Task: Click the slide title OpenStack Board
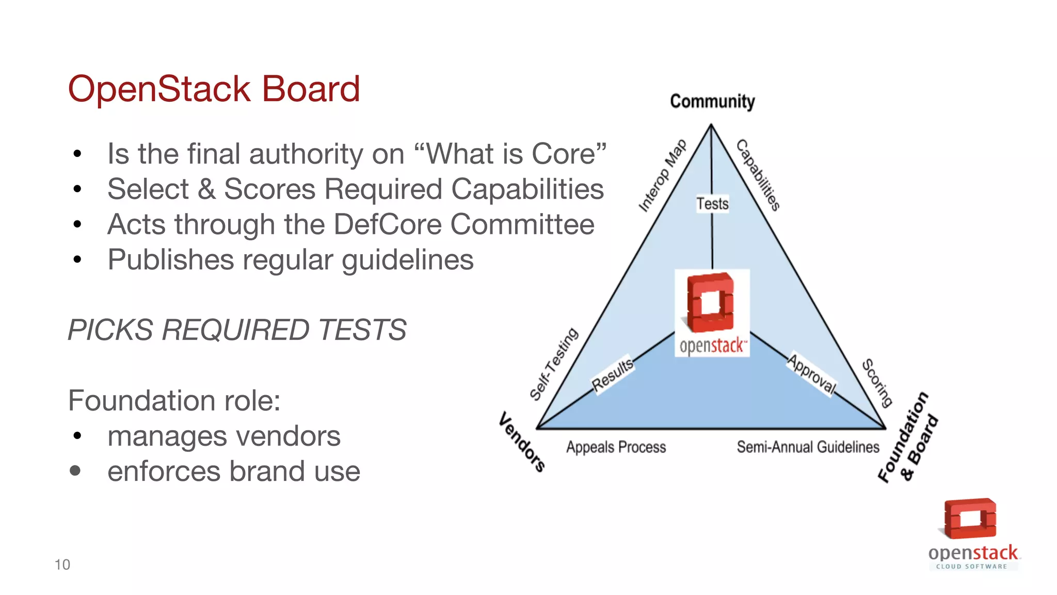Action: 214,89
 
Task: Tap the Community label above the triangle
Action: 712,101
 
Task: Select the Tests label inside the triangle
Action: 712,203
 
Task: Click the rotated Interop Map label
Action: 662,176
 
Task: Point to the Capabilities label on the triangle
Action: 758,175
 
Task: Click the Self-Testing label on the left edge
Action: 554,364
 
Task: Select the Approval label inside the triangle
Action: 811,373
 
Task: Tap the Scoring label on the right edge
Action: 877,383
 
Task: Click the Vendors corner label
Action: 522,442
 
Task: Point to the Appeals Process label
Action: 616,447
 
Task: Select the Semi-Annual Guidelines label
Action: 808,447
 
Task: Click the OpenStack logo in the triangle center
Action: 712,313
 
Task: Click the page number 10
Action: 62,565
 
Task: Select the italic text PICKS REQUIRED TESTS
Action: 237,330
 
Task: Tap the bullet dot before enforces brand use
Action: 75,471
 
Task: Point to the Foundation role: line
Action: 174,400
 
